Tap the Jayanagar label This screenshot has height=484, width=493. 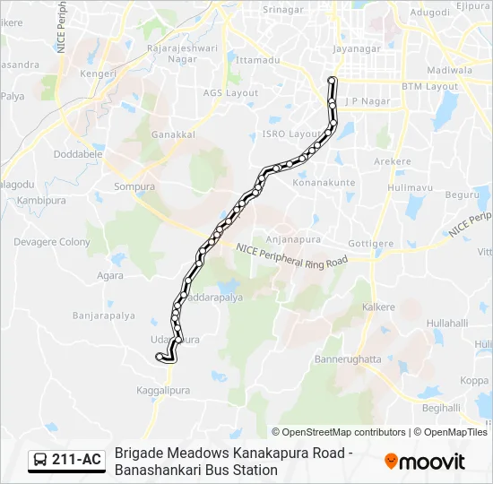[357, 50]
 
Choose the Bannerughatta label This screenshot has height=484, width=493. [348, 359]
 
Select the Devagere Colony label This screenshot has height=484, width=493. [52, 242]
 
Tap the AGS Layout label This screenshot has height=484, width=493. [230, 93]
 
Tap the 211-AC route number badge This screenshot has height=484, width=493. [76, 461]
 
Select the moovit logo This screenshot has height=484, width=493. [425, 462]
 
